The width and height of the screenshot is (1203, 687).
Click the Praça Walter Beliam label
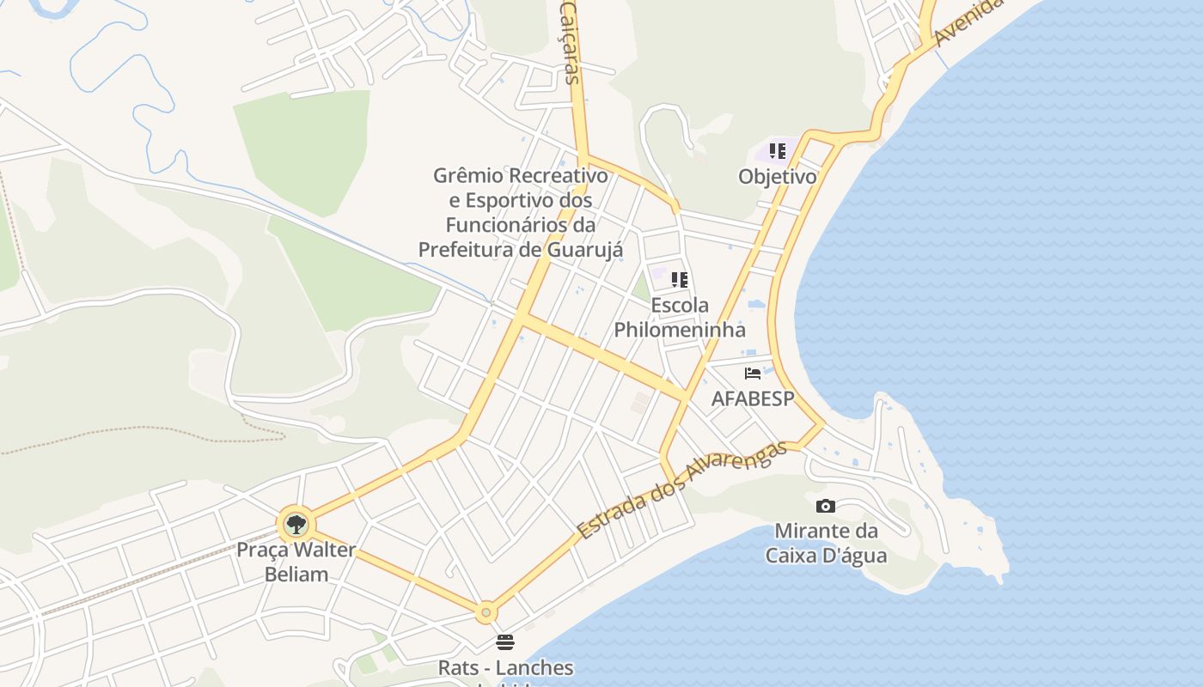(296, 562)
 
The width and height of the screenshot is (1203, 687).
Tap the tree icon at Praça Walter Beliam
(296, 523)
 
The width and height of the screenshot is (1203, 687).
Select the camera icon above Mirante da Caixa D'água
(826, 506)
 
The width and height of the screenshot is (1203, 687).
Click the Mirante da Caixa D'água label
(826, 543)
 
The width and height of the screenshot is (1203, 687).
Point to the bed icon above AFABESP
(753, 374)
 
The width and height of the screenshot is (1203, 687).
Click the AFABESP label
(753, 398)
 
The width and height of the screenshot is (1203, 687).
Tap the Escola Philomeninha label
(680, 317)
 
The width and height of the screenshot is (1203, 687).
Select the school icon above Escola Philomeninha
(680, 279)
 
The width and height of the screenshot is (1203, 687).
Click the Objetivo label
(777, 177)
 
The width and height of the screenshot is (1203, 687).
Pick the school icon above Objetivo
(778, 152)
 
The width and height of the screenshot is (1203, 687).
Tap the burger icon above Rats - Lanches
(505, 642)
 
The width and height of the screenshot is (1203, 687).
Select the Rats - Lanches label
(505, 667)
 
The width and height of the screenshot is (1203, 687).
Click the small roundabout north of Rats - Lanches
(486, 612)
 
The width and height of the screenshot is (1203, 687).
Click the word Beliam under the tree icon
(296, 575)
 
